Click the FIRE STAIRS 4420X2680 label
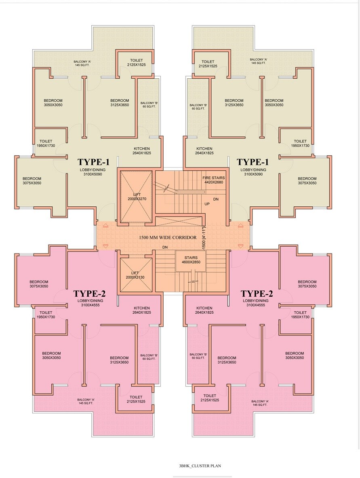(x=213, y=180)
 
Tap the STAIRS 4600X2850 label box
(x=190, y=260)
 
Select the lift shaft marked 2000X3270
(x=135, y=197)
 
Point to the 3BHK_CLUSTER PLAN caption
(x=200, y=465)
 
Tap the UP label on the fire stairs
(x=207, y=204)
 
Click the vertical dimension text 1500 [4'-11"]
(x=204, y=239)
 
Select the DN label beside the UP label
(x=216, y=199)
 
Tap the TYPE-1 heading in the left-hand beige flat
(x=93, y=162)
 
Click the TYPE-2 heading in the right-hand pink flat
(x=257, y=294)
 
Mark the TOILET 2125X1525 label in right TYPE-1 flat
(x=208, y=63)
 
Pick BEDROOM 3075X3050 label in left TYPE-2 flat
(x=39, y=284)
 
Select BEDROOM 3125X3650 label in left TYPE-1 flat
(x=120, y=103)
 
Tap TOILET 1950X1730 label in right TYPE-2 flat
(x=300, y=315)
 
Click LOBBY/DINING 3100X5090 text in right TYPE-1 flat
(x=254, y=172)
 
